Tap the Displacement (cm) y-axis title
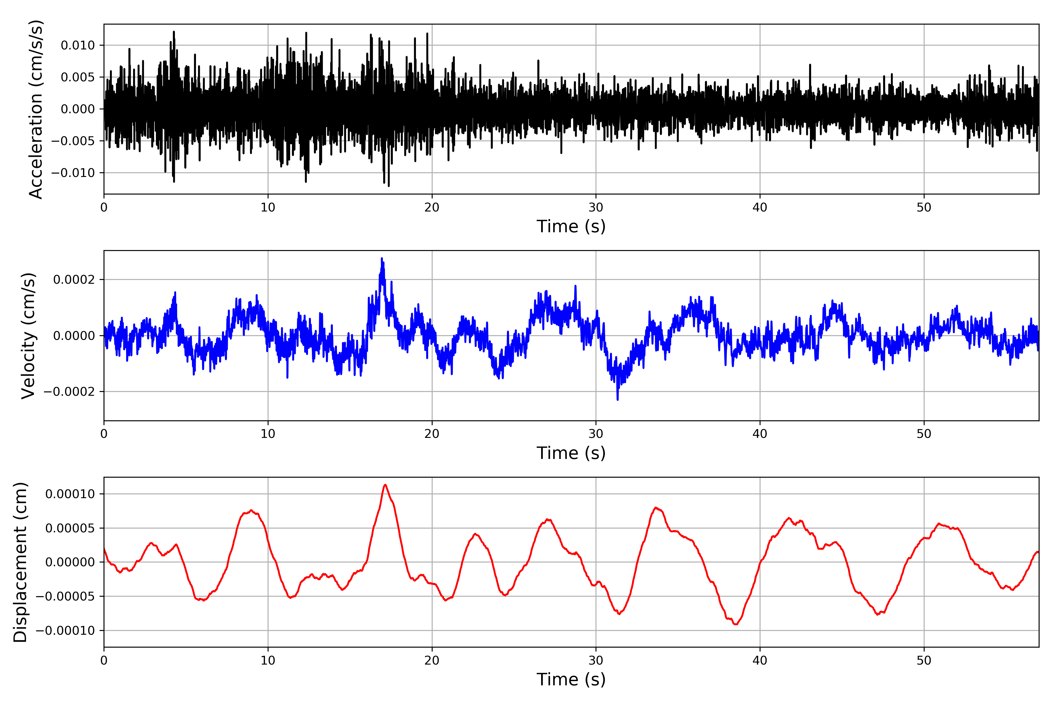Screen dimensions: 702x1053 point(20,562)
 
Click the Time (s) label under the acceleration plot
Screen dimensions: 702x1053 point(571,226)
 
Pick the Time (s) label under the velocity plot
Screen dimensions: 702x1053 point(571,453)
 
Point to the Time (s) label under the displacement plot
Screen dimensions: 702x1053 point(571,679)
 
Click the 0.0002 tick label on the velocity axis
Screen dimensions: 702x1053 point(74,280)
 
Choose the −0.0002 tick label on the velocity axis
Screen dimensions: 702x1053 point(69,392)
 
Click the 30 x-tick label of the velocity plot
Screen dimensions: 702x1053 point(596,434)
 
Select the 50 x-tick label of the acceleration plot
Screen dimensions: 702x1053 point(924,207)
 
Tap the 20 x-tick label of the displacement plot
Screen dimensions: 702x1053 point(432,660)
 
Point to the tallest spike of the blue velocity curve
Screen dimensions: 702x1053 point(382,258)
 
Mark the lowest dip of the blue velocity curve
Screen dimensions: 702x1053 point(618,399)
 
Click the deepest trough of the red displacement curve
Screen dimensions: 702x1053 point(736,624)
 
